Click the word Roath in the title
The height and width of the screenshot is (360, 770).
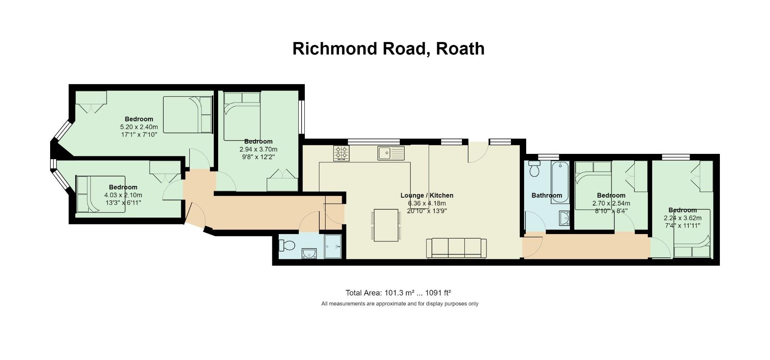[460, 49]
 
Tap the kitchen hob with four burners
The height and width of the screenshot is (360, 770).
[341, 153]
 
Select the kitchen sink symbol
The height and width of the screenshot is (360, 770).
[391, 153]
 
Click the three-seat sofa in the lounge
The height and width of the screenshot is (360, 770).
[456, 248]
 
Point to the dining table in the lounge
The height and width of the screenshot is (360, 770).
[386, 225]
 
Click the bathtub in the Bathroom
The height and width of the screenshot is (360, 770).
[560, 183]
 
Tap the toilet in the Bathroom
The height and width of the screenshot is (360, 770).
[535, 169]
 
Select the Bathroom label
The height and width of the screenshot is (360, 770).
[547, 196]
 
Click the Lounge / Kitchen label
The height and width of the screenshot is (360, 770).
[427, 195]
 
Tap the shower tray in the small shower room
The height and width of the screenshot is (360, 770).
[333, 247]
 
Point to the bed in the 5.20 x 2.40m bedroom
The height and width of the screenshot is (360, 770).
[188, 115]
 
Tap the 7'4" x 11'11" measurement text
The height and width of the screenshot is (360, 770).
[683, 226]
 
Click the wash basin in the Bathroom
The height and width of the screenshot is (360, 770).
[564, 218]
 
